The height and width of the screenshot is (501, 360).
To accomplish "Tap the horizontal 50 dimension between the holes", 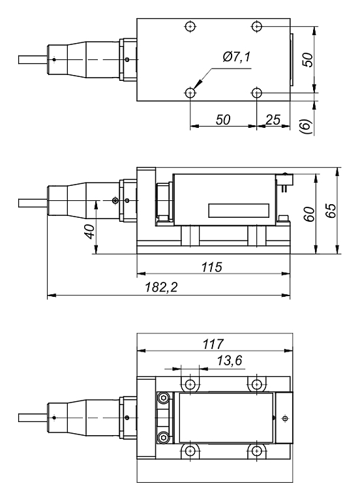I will [x=223, y=121].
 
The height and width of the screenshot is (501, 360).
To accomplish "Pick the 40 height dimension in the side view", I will [x=90, y=230].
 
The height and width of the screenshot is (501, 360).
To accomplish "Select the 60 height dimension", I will [x=310, y=213].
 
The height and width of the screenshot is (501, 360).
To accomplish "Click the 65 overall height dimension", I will [x=331, y=211].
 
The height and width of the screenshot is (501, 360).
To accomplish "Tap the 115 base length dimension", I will [x=213, y=267].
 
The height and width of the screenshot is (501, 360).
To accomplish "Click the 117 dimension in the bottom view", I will [x=213, y=343].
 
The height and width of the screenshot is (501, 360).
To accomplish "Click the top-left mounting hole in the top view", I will [x=190, y=27].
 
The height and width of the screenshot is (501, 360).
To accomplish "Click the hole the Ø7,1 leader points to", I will [x=190, y=93].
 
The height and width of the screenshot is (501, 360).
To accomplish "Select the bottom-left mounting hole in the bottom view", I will [x=190, y=450].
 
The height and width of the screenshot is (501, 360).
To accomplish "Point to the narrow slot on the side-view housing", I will [x=238, y=211].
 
